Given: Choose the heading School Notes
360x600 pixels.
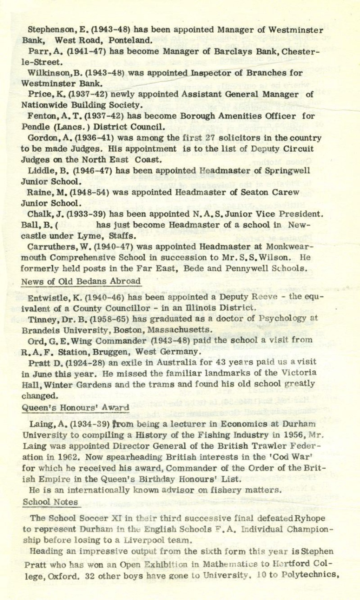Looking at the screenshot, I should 50,502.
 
